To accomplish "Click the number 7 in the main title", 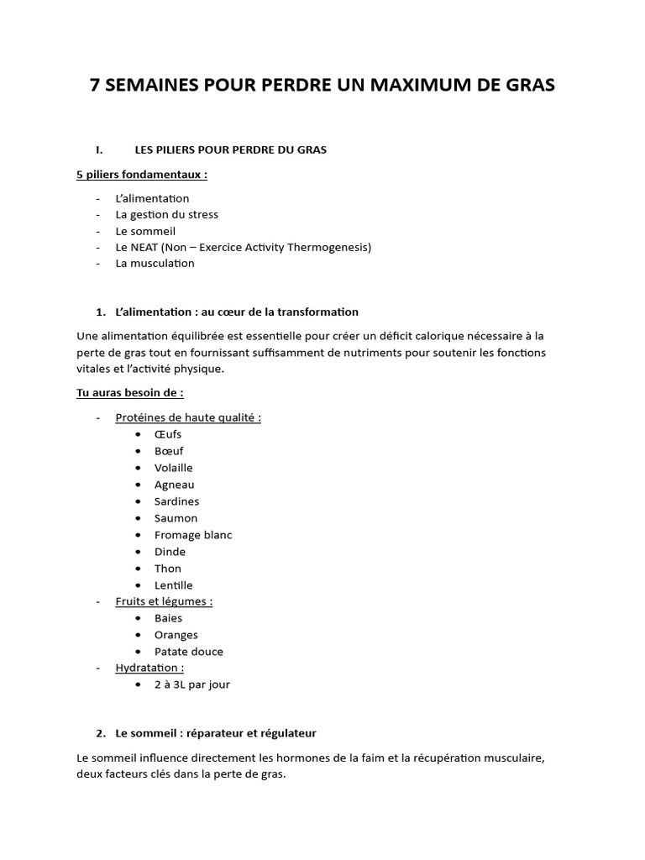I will coord(96,86).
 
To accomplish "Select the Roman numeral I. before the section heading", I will coord(99,149).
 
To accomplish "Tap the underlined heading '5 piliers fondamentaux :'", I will coord(142,175).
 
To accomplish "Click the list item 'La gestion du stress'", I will coord(166,214).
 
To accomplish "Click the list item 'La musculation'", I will coord(155,263).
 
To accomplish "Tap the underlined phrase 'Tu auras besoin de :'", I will coord(129,392).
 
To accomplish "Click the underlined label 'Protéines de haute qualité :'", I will coord(188,417).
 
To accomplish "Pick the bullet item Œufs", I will coord(168,434).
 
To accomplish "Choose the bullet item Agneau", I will coord(174,485).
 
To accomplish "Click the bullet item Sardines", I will coord(176,501).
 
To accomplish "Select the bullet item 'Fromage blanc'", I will coord(193,535).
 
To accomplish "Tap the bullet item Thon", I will coord(168,569).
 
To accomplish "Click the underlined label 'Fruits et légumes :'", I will coord(164,601).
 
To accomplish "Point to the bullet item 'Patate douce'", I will coord(189,652).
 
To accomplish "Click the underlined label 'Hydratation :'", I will coord(149,668).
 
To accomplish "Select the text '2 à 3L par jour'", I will coord(191,684).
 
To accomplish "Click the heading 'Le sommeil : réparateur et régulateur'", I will coord(216,733).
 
